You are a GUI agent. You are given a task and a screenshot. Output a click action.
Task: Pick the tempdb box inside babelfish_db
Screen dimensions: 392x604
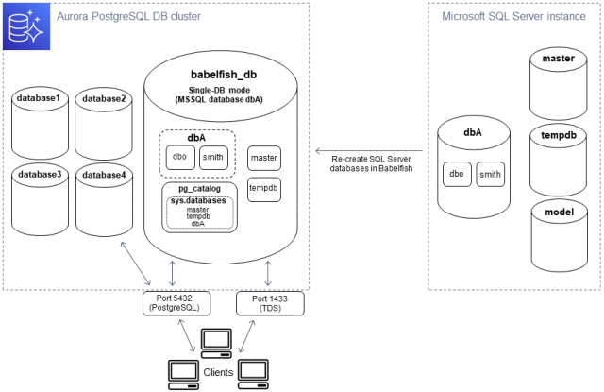[x=263, y=188]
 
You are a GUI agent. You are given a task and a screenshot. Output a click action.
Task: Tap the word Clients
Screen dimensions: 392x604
[x=217, y=372]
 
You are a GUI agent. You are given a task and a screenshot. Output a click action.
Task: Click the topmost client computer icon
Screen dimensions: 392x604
[x=217, y=340]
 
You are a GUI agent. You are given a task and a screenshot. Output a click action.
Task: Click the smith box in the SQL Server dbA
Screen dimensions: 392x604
[x=491, y=174]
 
